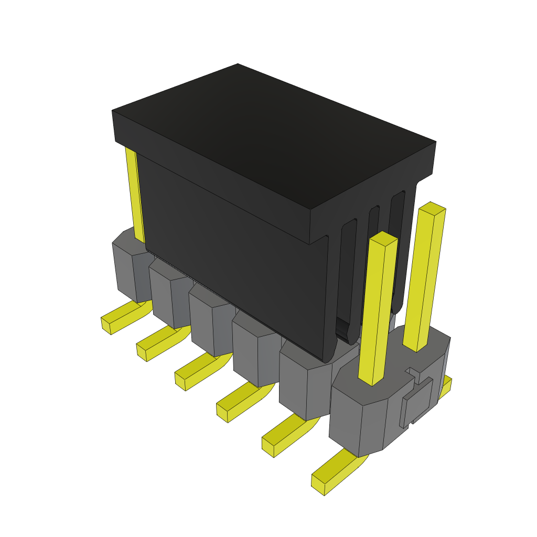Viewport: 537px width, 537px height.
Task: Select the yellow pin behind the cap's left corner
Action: pos(134,194)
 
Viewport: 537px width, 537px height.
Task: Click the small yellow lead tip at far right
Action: pos(446,386)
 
